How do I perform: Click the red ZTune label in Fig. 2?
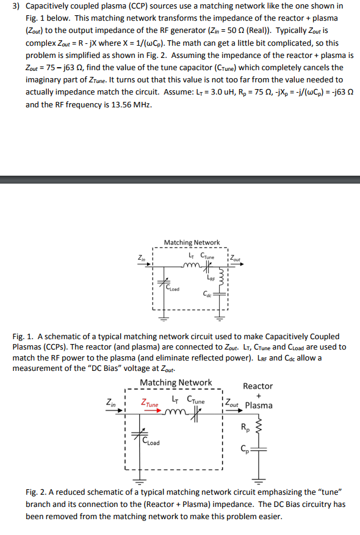click(x=149, y=404)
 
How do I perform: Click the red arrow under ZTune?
click(x=151, y=409)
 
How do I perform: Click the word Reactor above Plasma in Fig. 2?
click(x=257, y=386)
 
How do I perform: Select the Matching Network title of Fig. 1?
click(x=192, y=243)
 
